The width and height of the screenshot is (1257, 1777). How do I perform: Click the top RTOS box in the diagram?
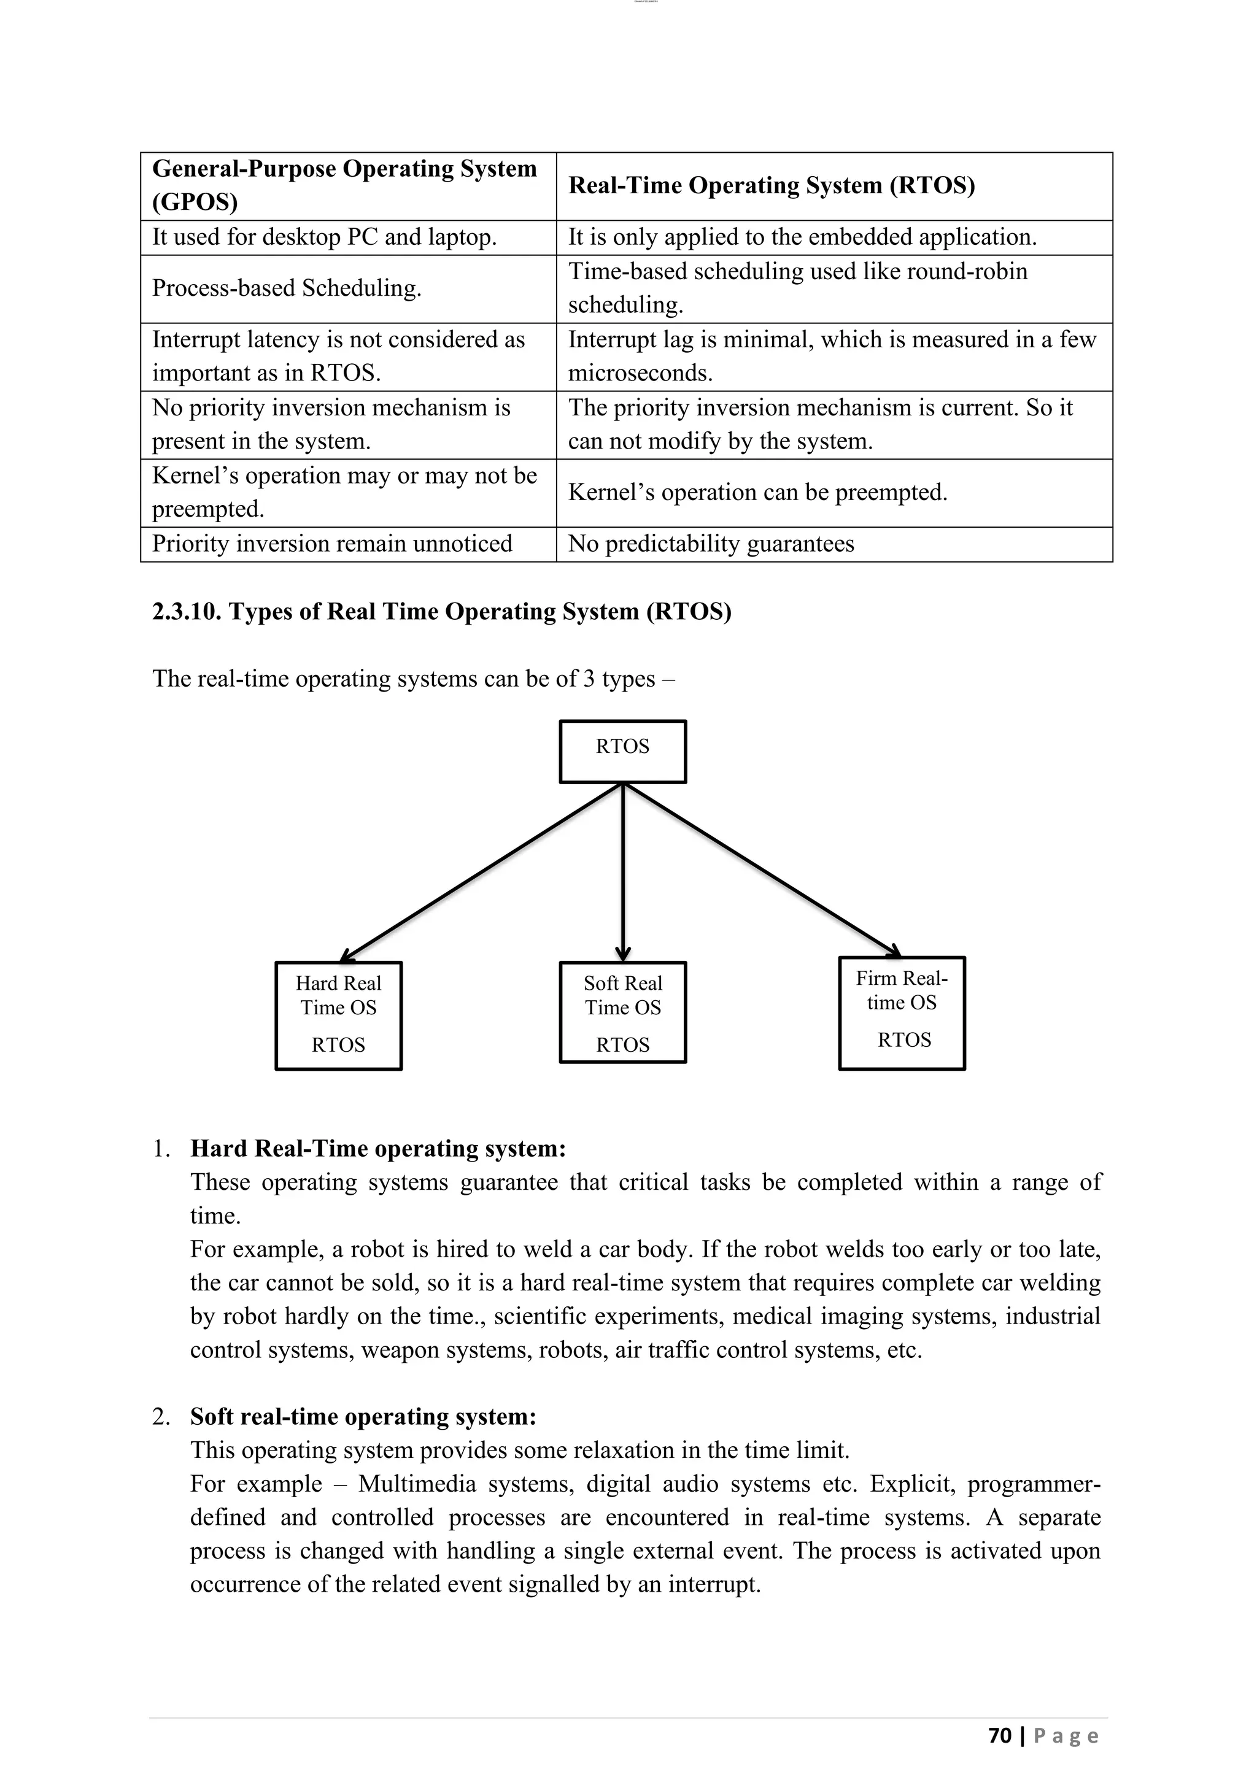(x=622, y=752)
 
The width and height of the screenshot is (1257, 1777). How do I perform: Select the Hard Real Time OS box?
(x=338, y=1016)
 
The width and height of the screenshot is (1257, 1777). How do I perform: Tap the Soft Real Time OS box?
(x=622, y=1012)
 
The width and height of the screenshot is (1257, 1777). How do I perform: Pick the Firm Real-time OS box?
(x=902, y=1013)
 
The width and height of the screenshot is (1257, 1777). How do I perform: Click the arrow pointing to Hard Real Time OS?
(x=480, y=873)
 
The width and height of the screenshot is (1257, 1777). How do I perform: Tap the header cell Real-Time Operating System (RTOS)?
(x=771, y=186)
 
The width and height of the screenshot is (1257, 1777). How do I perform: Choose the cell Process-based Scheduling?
(x=287, y=288)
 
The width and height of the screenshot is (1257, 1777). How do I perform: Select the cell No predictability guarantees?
(x=711, y=544)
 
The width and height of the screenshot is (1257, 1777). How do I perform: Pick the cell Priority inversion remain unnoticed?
(x=332, y=544)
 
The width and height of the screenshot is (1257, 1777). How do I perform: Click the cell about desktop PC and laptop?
(x=324, y=237)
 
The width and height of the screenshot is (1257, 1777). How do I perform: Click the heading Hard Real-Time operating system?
(x=377, y=1149)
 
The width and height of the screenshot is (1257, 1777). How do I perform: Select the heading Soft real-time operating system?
(x=363, y=1417)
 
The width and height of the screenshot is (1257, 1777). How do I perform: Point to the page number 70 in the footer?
(x=1000, y=1736)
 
